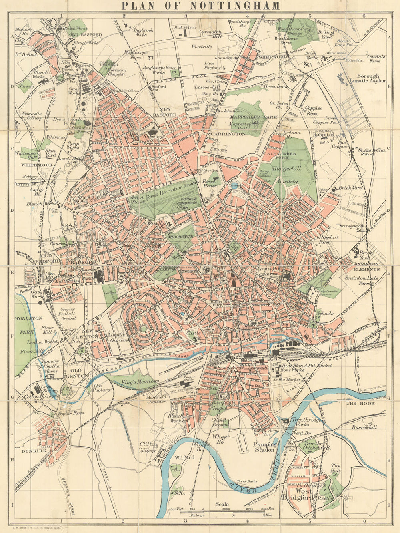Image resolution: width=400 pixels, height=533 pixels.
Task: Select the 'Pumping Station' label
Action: click(265, 447)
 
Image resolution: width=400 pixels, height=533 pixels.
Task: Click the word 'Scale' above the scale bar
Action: click(222, 504)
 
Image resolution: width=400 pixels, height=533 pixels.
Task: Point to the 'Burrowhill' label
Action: click(364, 427)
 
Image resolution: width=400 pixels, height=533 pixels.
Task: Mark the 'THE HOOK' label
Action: click(356, 404)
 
